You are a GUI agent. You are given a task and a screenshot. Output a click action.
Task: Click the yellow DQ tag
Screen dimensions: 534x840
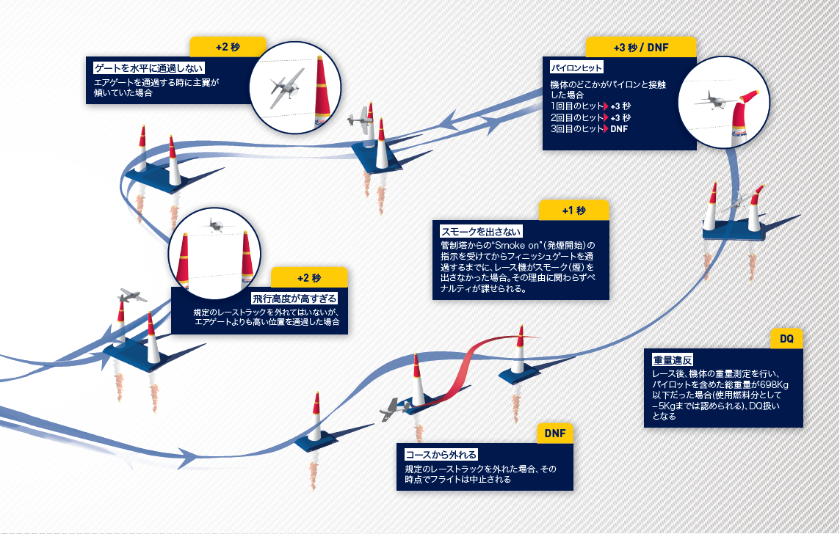[786, 339]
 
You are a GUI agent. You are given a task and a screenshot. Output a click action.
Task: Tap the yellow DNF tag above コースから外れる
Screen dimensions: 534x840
[555, 433]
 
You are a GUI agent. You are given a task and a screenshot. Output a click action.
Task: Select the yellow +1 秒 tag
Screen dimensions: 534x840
[574, 211]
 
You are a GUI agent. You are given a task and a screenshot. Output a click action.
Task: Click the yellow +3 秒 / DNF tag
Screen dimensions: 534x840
[641, 47]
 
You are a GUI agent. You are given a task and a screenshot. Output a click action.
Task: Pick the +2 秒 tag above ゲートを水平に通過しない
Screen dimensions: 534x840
[228, 47]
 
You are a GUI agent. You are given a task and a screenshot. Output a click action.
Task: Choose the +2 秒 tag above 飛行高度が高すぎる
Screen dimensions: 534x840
[309, 278]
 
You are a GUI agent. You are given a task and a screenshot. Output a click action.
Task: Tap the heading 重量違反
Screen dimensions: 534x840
[673, 360]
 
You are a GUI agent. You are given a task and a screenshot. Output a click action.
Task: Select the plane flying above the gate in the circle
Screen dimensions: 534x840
[216, 225]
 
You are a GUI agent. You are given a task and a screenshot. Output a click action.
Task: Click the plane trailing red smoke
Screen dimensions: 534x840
[395, 408]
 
